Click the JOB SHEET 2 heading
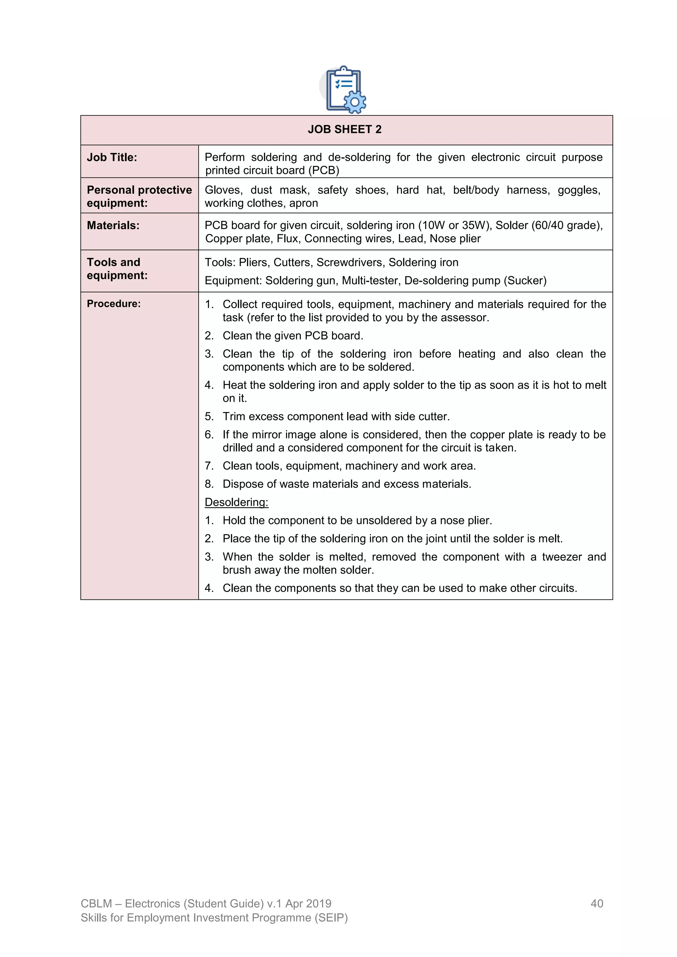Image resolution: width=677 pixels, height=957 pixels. point(344,130)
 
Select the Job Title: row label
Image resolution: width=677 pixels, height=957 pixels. point(112,158)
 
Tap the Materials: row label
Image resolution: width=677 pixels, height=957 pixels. point(113,225)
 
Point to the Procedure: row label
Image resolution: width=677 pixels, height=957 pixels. point(113,304)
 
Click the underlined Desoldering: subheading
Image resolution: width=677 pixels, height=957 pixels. point(236,502)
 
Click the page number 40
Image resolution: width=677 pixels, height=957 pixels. point(597,903)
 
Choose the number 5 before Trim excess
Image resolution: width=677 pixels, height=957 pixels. point(209,416)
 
